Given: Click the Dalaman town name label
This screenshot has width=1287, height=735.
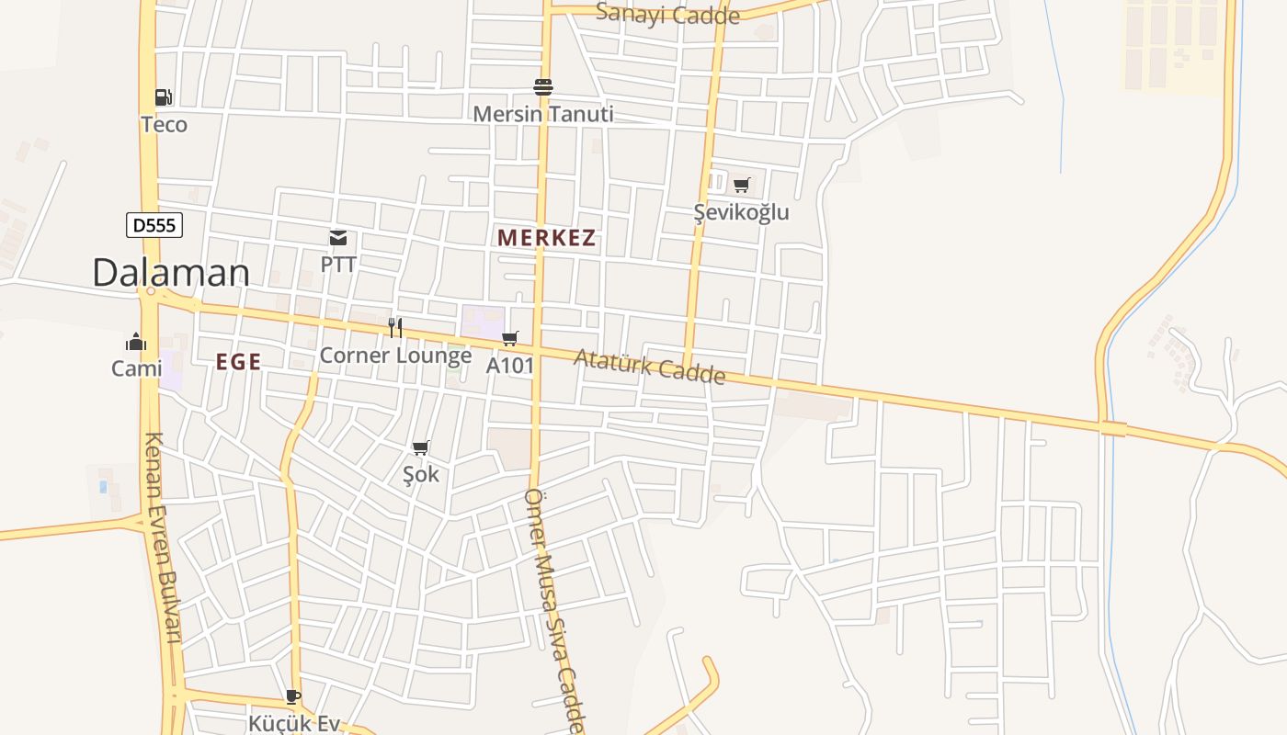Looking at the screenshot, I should click(x=171, y=273).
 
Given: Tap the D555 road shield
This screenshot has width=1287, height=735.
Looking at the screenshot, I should click(x=154, y=225).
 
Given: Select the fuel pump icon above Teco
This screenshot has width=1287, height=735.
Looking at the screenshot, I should click(x=163, y=97).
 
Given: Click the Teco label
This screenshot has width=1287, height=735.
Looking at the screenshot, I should click(x=164, y=124).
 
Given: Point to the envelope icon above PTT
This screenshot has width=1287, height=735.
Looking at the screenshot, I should click(x=338, y=239).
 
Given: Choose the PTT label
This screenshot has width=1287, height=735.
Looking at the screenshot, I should click(x=338, y=265).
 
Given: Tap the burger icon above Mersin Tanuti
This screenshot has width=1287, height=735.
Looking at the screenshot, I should click(x=543, y=87).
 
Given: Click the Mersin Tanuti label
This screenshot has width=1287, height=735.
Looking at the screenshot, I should click(x=543, y=114).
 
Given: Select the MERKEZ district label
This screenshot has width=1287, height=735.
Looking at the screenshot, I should click(x=547, y=238).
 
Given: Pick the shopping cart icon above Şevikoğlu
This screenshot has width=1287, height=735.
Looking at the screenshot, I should click(x=742, y=186).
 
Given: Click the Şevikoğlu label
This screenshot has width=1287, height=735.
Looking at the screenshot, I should click(x=742, y=212).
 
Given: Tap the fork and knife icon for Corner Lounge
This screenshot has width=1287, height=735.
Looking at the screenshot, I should click(x=395, y=328).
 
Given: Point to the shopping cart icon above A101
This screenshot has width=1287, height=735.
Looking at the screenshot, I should click(x=510, y=339).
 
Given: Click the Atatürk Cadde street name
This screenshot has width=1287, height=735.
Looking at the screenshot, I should click(x=650, y=367).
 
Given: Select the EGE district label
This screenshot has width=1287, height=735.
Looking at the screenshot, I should click(x=239, y=362).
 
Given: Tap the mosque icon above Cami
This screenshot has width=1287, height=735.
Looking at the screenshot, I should click(x=136, y=343).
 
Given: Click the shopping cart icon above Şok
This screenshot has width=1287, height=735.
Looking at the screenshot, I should click(x=421, y=448).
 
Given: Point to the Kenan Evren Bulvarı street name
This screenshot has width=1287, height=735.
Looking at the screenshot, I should click(x=162, y=537).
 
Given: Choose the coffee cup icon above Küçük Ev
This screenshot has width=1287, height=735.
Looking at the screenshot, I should click(x=293, y=697).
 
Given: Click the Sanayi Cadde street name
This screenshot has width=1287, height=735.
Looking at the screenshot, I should click(x=667, y=14).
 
